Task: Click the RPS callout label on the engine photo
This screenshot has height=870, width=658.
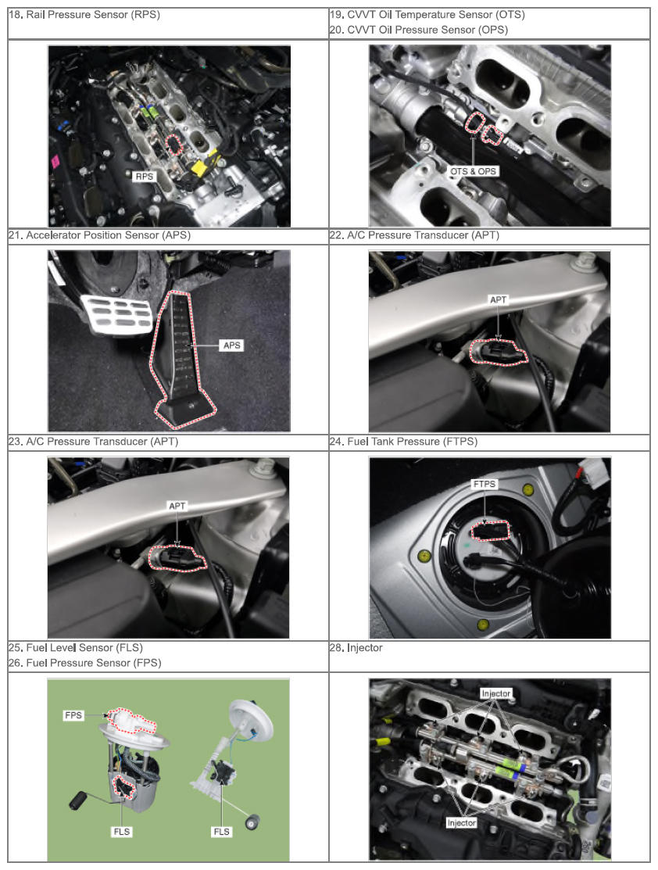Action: coord(145,177)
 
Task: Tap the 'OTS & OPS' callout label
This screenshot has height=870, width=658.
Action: coord(474,171)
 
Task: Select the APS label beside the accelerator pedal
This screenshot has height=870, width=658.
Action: coord(232,345)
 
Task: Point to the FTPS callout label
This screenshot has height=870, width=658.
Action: coord(485,484)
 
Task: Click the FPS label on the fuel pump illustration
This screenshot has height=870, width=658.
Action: coord(73,715)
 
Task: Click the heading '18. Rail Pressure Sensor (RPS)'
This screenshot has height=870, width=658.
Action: coord(84,15)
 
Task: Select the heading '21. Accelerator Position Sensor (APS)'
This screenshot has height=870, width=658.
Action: coord(99,235)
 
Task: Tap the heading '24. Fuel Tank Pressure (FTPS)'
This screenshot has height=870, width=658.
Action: coord(403,442)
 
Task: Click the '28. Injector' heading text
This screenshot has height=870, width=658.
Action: coord(356,647)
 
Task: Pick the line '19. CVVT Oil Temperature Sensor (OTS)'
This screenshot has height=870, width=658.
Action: coord(427,15)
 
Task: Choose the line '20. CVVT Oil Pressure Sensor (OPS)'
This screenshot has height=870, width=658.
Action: coord(419,30)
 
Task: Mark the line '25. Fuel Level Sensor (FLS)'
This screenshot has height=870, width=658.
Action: coord(76,647)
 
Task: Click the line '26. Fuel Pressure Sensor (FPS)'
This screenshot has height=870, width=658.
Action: coord(85,663)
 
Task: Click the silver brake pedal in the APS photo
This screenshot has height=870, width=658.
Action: coord(117,314)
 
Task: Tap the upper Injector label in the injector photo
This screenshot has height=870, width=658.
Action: coord(496,693)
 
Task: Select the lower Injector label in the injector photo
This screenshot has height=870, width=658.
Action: coord(462,823)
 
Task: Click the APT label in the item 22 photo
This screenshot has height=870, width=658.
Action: coord(499,299)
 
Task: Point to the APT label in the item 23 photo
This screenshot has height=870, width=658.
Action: coord(177,506)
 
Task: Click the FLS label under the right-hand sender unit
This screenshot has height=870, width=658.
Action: coord(221,831)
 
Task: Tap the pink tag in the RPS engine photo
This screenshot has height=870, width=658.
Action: coord(55,162)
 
